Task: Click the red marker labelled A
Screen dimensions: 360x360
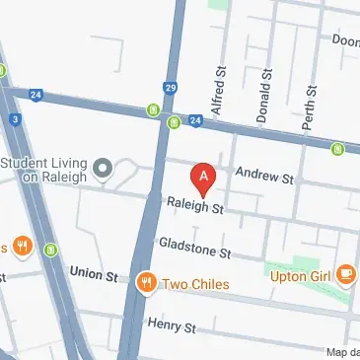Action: [x=204, y=179]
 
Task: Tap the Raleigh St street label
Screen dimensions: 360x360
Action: [x=196, y=209]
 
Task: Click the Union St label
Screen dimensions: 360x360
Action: [x=93, y=271]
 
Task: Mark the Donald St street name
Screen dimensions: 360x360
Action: [x=262, y=96]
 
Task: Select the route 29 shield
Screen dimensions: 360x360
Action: [x=170, y=89]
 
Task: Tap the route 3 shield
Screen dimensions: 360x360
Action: [x=16, y=119]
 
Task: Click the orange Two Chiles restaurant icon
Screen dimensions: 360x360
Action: [x=147, y=284]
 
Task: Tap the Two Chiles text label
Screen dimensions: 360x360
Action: [x=195, y=285]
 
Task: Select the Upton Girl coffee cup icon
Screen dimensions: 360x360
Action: [x=345, y=275]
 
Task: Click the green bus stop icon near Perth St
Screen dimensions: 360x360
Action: [x=337, y=149]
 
